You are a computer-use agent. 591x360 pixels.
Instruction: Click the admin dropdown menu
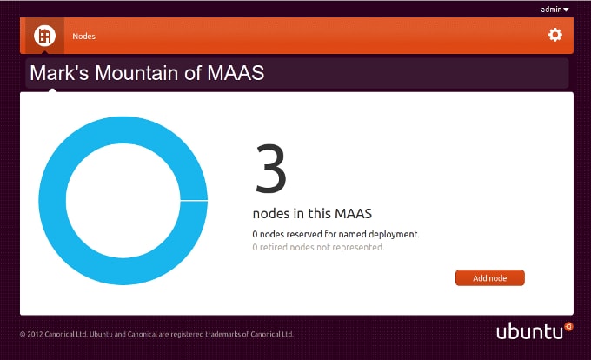pyautogui.click(x=554, y=10)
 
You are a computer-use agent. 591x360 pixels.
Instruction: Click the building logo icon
pyautogui.click(x=44, y=36)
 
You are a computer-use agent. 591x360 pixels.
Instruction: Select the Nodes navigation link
pyautogui.click(x=83, y=37)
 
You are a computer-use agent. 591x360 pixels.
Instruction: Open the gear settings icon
pyautogui.click(x=555, y=35)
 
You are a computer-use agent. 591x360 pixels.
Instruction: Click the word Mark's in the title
pyautogui.click(x=59, y=73)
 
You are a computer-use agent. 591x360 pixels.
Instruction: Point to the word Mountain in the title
pyautogui.click(x=136, y=73)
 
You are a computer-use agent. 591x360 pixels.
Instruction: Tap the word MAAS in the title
pyautogui.click(x=236, y=73)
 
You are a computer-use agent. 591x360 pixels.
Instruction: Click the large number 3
pyautogui.click(x=270, y=169)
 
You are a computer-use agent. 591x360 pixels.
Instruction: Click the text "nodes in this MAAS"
pyautogui.click(x=312, y=213)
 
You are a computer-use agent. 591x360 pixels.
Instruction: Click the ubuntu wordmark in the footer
pyautogui.click(x=529, y=331)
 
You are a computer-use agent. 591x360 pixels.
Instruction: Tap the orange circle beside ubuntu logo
pyautogui.click(x=568, y=326)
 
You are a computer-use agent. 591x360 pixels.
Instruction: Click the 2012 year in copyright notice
pyautogui.click(x=35, y=334)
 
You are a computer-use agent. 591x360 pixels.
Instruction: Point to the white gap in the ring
pyautogui.click(x=194, y=201)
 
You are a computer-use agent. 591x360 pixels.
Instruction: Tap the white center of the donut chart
pyautogui.click(x=123, y=201)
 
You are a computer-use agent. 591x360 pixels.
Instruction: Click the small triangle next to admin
pyautogui.click(x=566, y=10)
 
